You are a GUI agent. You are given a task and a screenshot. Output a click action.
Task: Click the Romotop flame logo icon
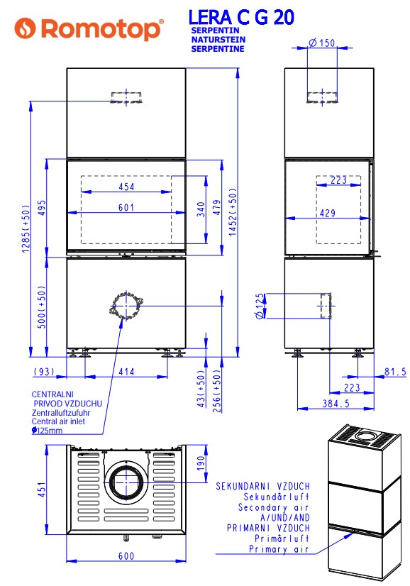tap(25, 28)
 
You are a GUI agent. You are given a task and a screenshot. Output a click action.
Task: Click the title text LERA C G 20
tap(241, 17)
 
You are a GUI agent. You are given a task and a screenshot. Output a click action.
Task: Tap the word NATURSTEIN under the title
tap(218, 40)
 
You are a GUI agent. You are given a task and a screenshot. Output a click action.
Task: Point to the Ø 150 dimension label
tap(322, 43)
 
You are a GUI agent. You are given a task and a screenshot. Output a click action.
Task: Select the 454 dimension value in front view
tap(126, 187)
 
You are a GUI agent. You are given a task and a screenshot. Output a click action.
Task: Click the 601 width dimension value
tap(126, 207)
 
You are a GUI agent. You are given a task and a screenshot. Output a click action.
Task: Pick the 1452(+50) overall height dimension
tap(233, 212)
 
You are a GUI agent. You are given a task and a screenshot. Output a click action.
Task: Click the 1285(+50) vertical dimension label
tap(26, 228)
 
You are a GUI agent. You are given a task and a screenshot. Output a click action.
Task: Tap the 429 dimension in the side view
tap(328, 213)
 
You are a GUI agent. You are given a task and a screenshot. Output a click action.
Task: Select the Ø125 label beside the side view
tap(260, 306)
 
